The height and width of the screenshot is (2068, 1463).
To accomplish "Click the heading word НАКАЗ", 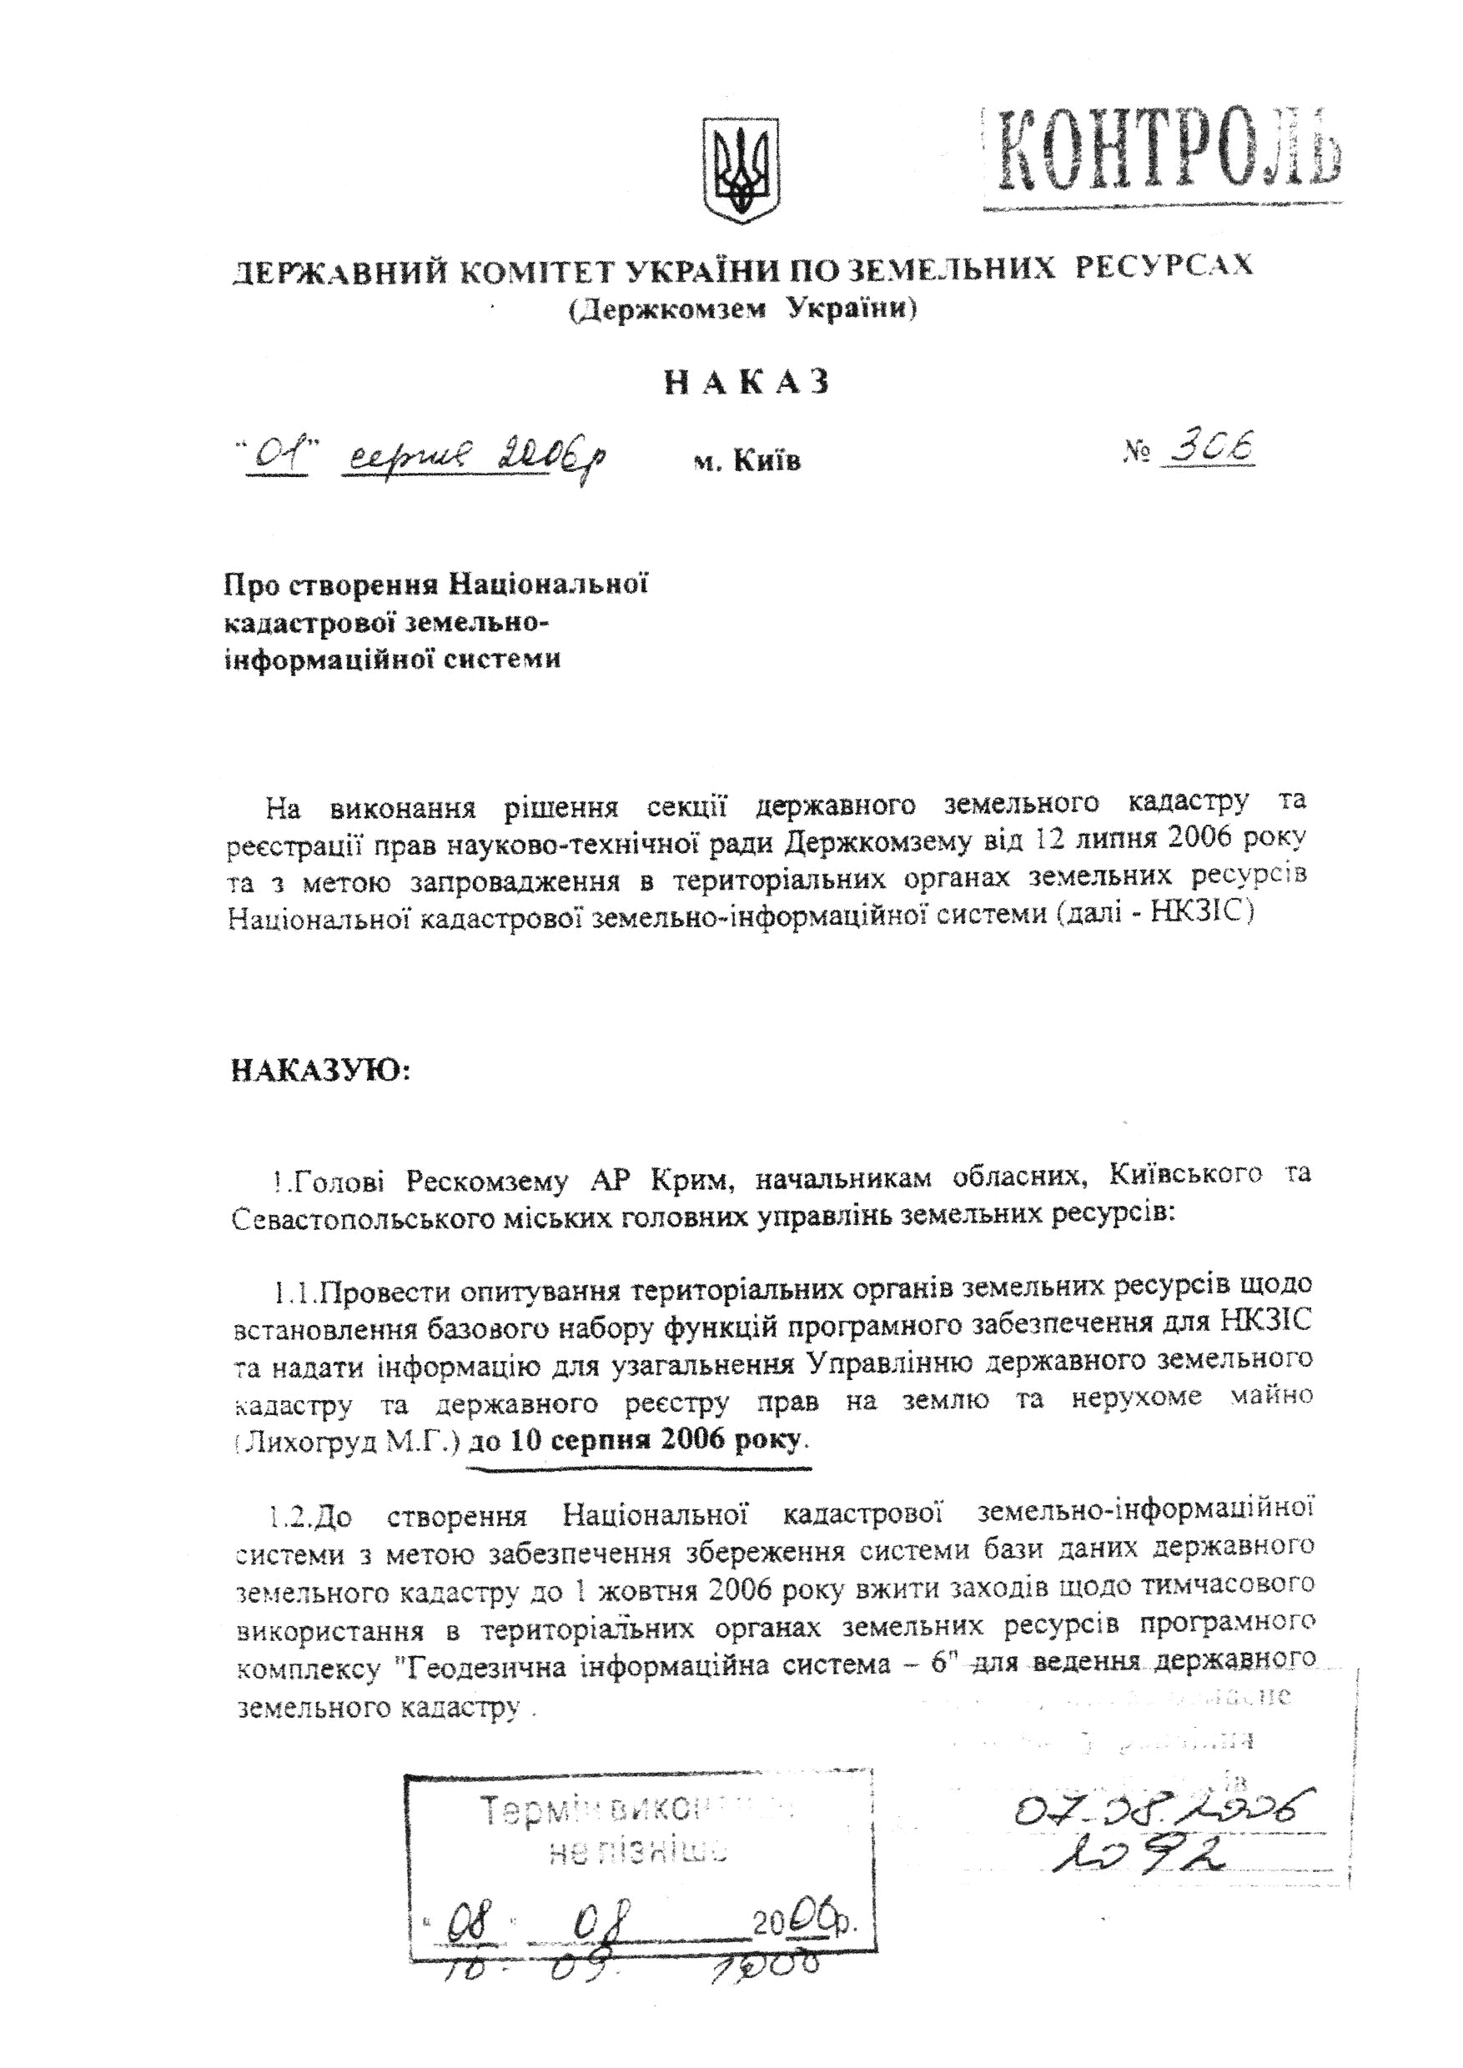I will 746,383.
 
